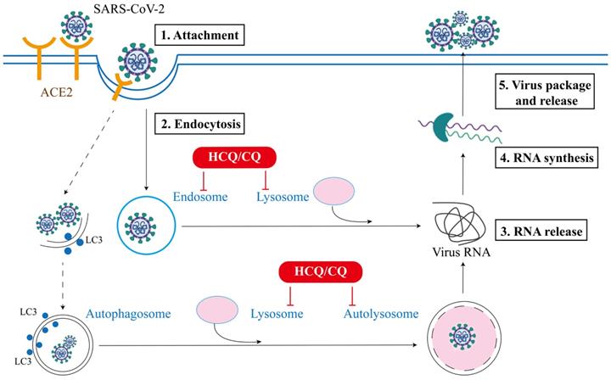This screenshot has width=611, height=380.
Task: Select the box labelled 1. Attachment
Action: tap(199, 36)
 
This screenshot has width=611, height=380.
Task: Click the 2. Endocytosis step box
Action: tap(200, 124)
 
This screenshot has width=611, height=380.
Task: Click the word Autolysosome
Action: tap(381, 314)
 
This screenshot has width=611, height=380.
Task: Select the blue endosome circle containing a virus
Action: tap(139, 226)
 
